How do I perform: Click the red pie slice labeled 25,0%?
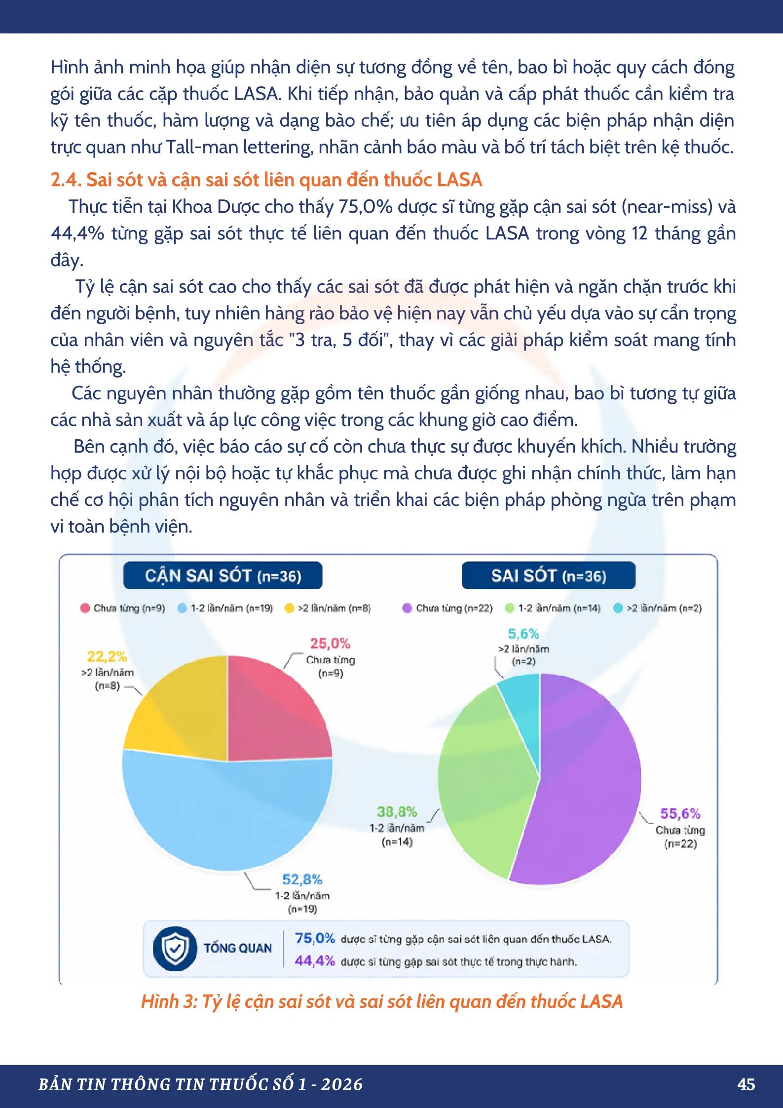tap(274, 711)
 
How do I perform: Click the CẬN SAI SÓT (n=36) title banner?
tap(223, 575)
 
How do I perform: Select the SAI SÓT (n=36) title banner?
tap(549, 575)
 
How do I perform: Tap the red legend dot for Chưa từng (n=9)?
tap(85, 608)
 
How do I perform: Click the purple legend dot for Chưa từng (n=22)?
tap(407, 608)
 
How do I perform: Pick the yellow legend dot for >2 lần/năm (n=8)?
tap(290, 608)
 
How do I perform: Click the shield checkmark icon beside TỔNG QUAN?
tap(175, 948)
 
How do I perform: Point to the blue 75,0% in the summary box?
tap(315, 938)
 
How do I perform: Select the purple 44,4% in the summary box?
tap(315, 960)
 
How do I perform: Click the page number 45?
tap(746, 1084)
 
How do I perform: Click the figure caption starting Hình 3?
tap(382, 1001)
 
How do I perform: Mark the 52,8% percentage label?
tap(302, 879)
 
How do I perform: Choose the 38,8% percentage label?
tap(397, 812)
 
